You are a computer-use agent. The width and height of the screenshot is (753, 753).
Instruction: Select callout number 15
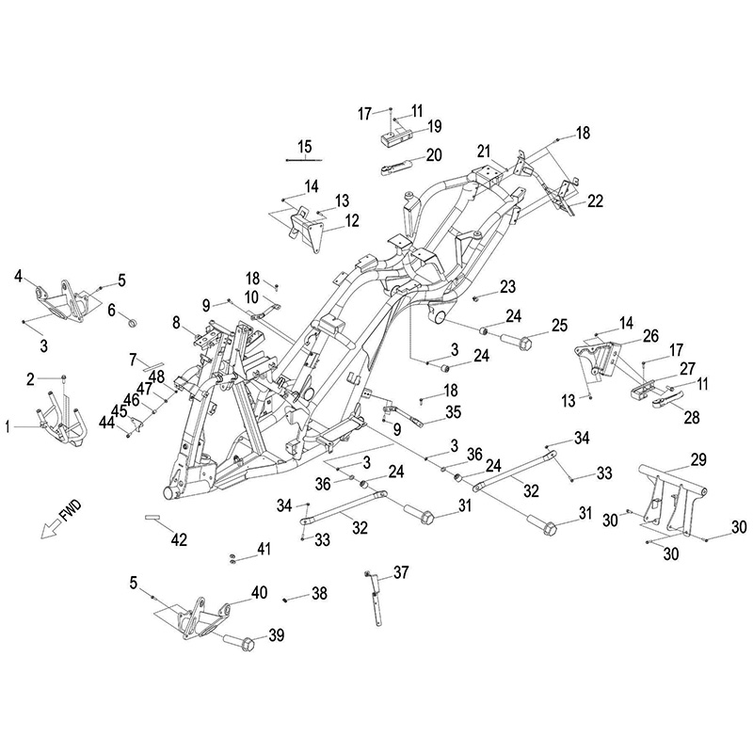click(x=304, y=145)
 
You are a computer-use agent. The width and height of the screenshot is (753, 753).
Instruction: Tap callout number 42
click(x=178, y=539)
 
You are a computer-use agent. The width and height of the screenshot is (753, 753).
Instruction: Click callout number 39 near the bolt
click(x=276, y=636)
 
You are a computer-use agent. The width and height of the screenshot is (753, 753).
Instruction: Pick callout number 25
click(x=559, y=325)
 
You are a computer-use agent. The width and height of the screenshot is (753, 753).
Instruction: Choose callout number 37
click(x=401, y=572)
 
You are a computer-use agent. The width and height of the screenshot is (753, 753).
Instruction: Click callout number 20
click(x=434, y=155)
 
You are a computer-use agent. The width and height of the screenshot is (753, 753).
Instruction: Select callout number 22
click(x=595, y=200)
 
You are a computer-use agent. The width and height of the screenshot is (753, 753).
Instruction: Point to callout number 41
click(x=264, y=548)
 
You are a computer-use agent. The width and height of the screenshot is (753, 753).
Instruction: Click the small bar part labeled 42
click(x=154, y=517)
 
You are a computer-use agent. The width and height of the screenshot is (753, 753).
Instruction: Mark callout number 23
click(x=508, y=285)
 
